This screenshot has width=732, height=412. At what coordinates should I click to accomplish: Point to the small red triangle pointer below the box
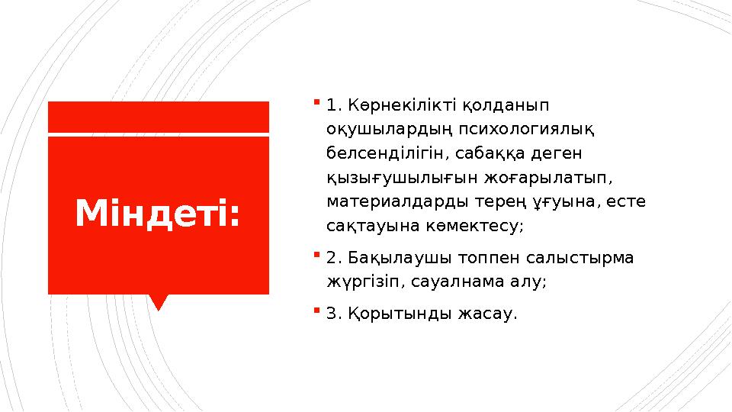point(159,302)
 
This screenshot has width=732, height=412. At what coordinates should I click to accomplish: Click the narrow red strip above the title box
point(159,116)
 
